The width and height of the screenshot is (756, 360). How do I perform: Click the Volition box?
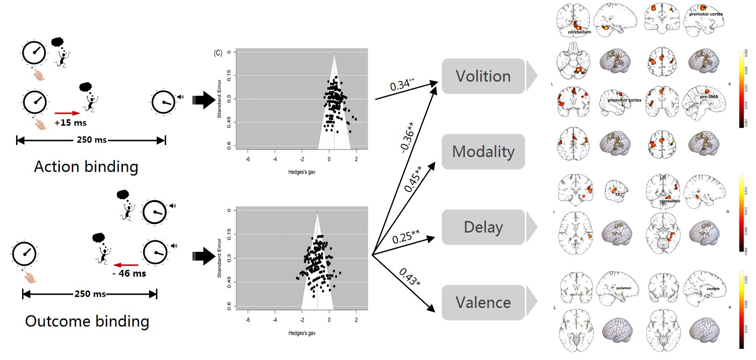tap(483, 76)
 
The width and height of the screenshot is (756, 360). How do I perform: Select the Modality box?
tap(483, 151)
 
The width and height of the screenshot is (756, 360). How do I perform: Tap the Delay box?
tap(483, 227)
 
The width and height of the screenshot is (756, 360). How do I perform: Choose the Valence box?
tap(483, 302)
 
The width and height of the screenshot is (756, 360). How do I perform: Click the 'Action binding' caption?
tap(86, 167)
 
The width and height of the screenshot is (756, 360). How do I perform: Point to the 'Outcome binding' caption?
tap(87, 321)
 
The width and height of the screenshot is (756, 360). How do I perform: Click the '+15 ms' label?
tap(70, 123)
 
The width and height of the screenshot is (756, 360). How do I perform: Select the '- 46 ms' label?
tap(129, 273)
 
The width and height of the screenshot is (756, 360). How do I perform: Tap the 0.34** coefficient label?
tap(402, 85)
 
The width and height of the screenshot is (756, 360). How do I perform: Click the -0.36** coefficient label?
tap(407, 137)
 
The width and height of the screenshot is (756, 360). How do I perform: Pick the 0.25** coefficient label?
tap(405, 237)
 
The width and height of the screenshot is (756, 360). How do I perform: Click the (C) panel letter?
tap(218, 53)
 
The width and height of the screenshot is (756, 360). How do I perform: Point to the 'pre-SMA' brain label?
tap(709, 97)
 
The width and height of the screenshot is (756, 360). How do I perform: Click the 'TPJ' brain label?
tap(618, 194)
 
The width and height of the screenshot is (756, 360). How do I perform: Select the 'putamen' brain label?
tap(623, 288)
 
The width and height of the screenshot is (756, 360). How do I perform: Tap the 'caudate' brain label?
tap(713, 289)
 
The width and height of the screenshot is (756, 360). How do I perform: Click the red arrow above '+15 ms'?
tap(67, 113)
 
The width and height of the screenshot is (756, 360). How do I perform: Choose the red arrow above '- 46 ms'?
tap(126, 265)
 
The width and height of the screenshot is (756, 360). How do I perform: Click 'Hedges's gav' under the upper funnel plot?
tap(302, 172)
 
